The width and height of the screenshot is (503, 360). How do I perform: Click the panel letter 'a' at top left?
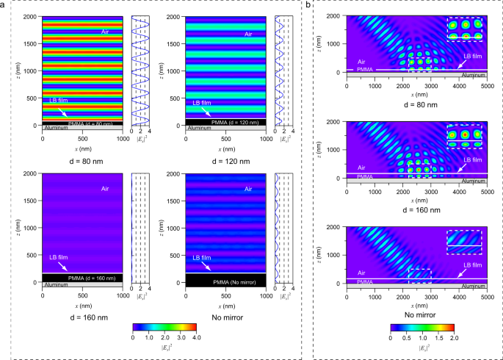(5, 5)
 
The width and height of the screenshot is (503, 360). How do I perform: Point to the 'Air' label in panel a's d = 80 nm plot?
(106, 33)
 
